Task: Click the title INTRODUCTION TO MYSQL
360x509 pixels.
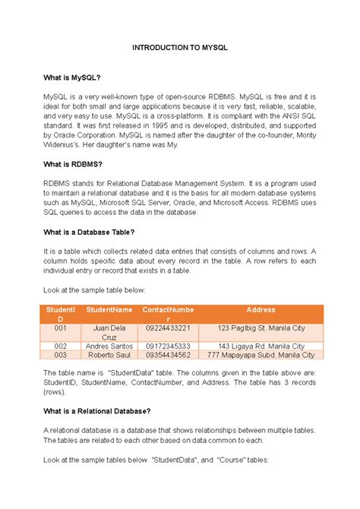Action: click(x=180, y=47)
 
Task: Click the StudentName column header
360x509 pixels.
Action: click(x=109, y=310)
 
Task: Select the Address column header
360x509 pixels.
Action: click(x=261, y=310)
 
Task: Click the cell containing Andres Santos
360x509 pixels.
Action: click(x=109, y=346)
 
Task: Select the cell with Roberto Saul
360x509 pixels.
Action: click(x=109, y=355)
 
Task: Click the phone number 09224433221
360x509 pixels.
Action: click(x=168, y=328)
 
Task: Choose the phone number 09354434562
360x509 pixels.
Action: click(x=168, y=355)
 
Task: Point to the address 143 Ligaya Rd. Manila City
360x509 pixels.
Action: click(x=261, y=346)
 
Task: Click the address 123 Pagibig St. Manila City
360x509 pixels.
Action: click(x=261, y=328)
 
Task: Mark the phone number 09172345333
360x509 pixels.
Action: click(x=168, y=346)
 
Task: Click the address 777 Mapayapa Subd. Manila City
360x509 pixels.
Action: click(x=261, y=355)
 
